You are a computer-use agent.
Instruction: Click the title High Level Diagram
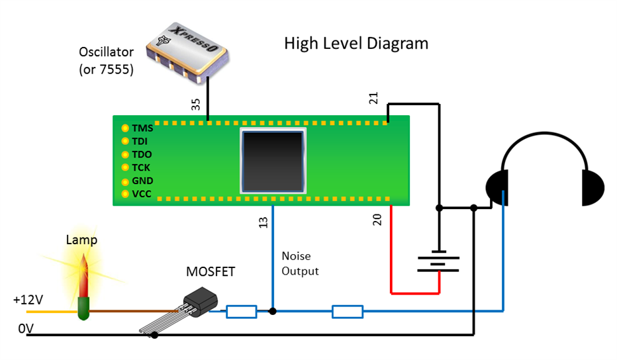(356, 44)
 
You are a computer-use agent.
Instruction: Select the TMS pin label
(142, 128)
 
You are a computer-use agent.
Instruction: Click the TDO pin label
(142, 154)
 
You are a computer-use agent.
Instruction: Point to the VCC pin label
(142, 194)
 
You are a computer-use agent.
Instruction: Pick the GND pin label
(142, 181)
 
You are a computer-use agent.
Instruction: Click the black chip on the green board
(273, 161)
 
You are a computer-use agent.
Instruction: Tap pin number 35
(195, 105)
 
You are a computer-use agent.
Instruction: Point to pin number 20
(377, 219)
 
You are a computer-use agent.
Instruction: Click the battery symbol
(438, 261)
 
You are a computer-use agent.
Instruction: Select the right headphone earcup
(593, 187)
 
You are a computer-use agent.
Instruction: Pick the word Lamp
(81, 240)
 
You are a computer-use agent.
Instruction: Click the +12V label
(26, 299)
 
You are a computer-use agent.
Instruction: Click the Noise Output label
(300, 263)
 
